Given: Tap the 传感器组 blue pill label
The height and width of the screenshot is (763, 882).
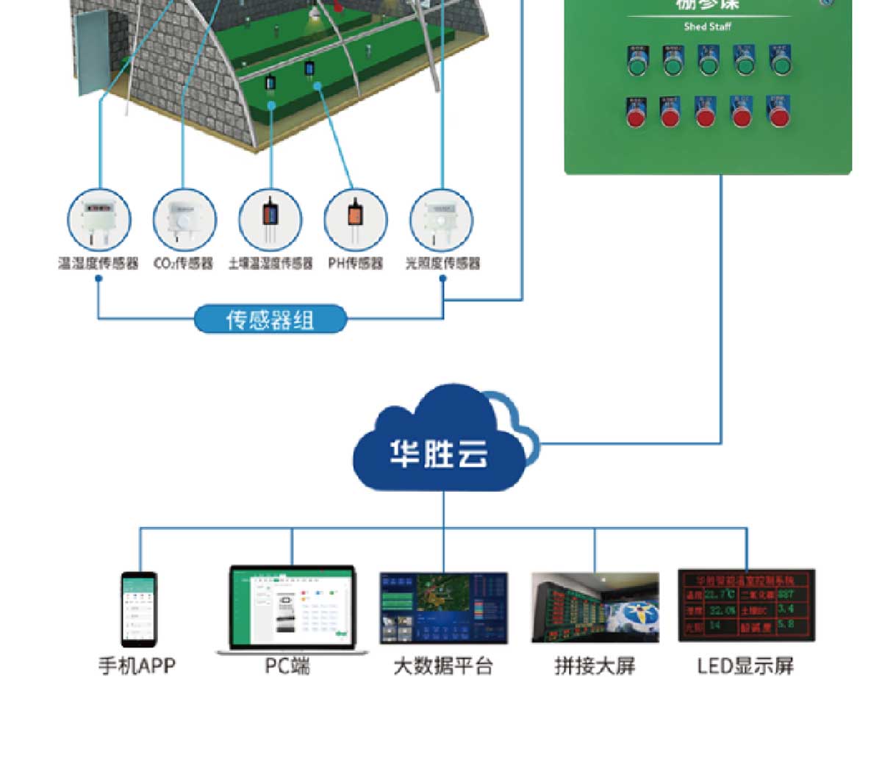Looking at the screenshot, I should point(270,320).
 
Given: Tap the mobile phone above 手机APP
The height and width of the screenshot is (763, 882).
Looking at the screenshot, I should point(139,609).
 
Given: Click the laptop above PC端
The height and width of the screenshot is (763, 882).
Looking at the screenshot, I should point(292,609).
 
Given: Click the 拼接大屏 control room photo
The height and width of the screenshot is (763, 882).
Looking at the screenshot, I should point(595,608).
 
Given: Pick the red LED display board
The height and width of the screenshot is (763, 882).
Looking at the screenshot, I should point(746,605).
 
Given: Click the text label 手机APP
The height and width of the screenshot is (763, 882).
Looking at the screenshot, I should point(137,666).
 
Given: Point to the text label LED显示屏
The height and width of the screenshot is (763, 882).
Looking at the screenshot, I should point(745,666).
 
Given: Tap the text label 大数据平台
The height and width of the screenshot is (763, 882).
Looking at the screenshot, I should point(442,666).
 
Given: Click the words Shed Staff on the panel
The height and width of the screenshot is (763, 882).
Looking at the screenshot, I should point(707,26).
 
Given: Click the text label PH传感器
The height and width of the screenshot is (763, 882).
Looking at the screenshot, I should point(356,263).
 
